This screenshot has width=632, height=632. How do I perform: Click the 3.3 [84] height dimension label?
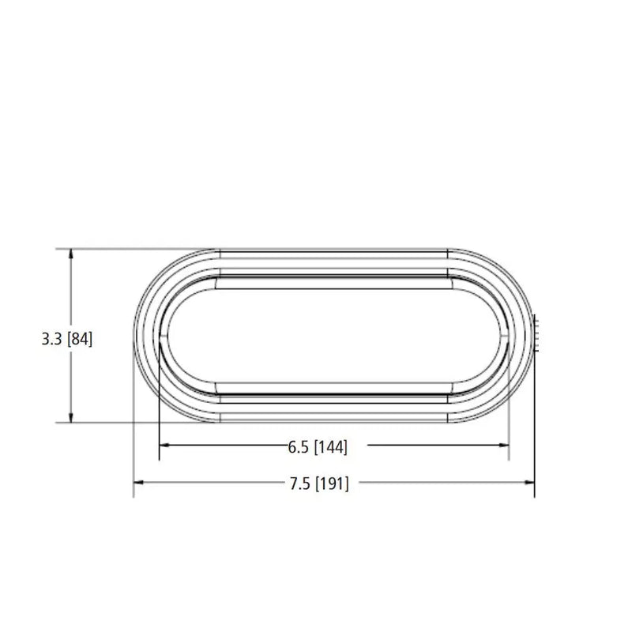coord(67,339)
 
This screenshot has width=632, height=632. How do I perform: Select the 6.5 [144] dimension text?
coord(318,447)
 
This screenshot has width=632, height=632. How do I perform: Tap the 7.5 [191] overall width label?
coord(319,483)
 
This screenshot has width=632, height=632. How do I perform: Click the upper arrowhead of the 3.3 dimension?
coord(71,254)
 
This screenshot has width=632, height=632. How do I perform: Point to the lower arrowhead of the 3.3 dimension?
coord(71,418)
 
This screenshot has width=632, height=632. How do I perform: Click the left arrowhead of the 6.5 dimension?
coord(164,445)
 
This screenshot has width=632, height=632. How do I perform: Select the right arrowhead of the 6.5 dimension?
coord(504,445)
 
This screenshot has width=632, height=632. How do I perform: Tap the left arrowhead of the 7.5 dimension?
coord(138,482)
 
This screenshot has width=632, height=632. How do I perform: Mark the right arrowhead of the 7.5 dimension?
coord(529,482)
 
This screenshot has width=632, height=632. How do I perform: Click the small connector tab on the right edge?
coord(536,333)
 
